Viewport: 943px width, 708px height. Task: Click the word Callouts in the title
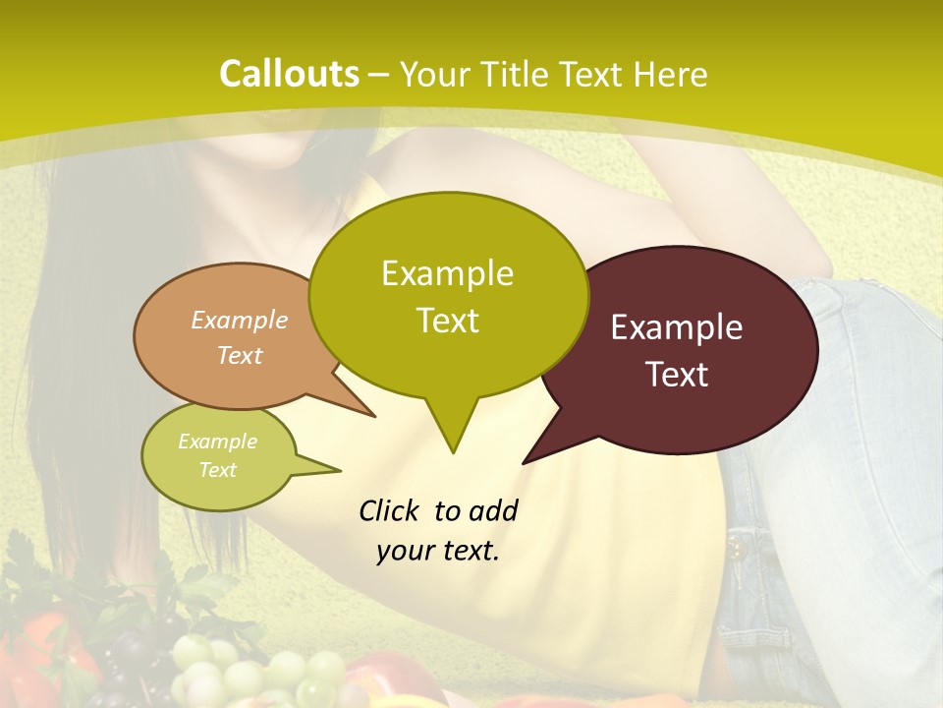point(289,74)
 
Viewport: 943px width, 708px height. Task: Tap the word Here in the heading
point(671,75)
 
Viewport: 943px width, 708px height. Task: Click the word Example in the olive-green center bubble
point(447,273)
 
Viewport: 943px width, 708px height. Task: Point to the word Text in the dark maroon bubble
point(677,375)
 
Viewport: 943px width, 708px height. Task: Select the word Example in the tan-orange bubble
point(240,320)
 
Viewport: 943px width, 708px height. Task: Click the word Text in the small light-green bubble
point(218,470)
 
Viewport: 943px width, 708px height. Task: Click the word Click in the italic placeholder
point(388,510)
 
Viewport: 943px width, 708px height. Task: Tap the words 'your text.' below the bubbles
point(438,551)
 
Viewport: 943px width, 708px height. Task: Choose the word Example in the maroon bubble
point(677,327)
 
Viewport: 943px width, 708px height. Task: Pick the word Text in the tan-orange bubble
point(240,355)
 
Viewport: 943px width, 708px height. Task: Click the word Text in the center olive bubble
point(447,321)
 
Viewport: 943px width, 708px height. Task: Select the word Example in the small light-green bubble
point(218,442)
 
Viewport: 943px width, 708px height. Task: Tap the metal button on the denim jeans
point(736,542)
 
